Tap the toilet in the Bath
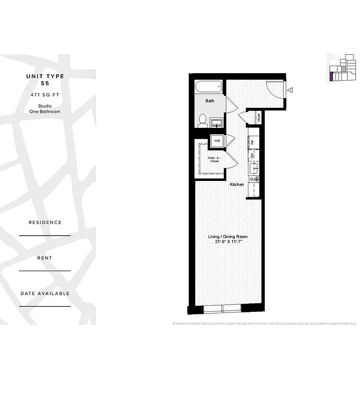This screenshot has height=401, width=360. (x=203, y=120)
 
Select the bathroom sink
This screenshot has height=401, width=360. (x=217, y=122)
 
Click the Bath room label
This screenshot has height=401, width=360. (x=210, y=101)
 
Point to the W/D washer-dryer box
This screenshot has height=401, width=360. (x=217, y=141)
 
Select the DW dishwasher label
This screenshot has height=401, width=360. (x=253, y=155)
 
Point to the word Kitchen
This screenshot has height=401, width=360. (x=237, y=184)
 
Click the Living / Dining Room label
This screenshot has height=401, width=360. (x=228, y=237)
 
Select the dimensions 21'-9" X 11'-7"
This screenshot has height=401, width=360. (x=228, y=242)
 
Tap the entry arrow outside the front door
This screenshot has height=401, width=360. (x=290, y=91)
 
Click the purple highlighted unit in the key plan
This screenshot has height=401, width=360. (x=331, y=77)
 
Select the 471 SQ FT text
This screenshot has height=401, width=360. (x=45, y=95)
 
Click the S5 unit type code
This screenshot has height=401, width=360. (x=45, y=84)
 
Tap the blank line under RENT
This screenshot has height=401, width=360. (x=45, y=271)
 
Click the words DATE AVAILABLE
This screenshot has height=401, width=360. (x=45, y=293)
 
